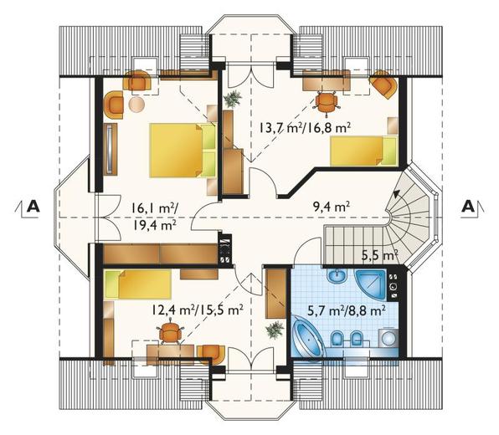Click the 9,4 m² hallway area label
(332, 207)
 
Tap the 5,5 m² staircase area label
(380, 255)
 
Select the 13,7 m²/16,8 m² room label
(304, 129)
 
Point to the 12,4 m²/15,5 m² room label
(198, 310)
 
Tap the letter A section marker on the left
(33, 206)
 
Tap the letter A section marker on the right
(467, 206)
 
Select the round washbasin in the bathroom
(337, 276)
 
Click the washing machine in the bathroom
(388, 338)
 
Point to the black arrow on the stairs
(396, 193)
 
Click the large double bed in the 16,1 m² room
(183, 151)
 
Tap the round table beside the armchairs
(137, 105)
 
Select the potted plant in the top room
(233, 99)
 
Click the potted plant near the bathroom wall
(275, 330)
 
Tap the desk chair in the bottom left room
(171, 333)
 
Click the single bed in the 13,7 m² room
(364, 151)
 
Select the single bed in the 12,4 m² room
(138, 284)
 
